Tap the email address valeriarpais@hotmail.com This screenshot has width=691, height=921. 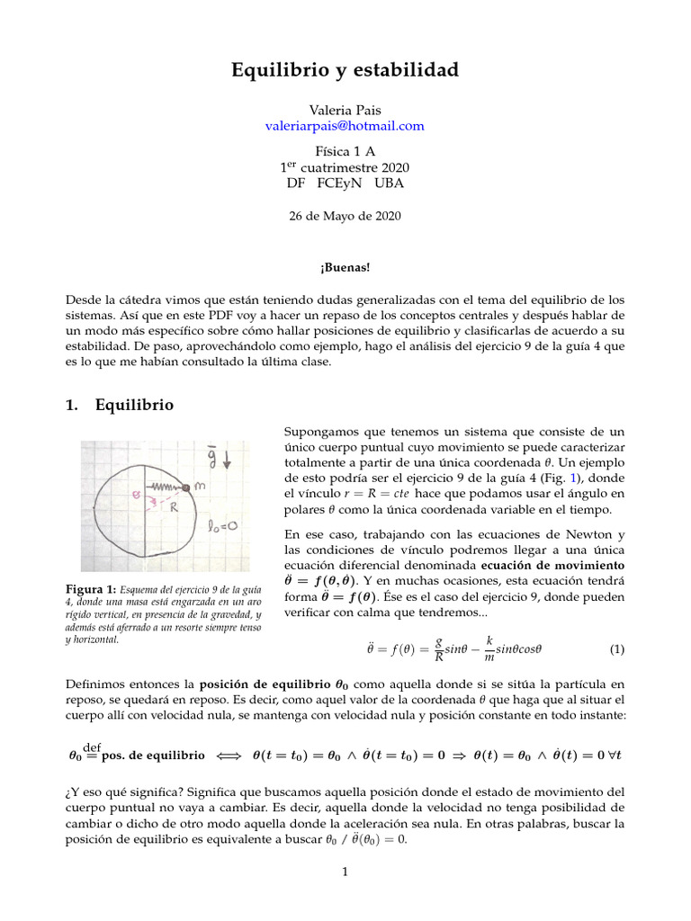345,126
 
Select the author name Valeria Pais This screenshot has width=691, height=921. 345,110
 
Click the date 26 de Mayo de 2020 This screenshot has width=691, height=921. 345,216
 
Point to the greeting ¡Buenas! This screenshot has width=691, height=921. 345,267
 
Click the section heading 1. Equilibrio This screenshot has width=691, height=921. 121,406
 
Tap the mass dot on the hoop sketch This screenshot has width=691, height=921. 186,487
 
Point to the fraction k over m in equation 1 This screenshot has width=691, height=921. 489,648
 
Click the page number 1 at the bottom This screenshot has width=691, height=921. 345,871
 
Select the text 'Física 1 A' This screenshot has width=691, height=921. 345,151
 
